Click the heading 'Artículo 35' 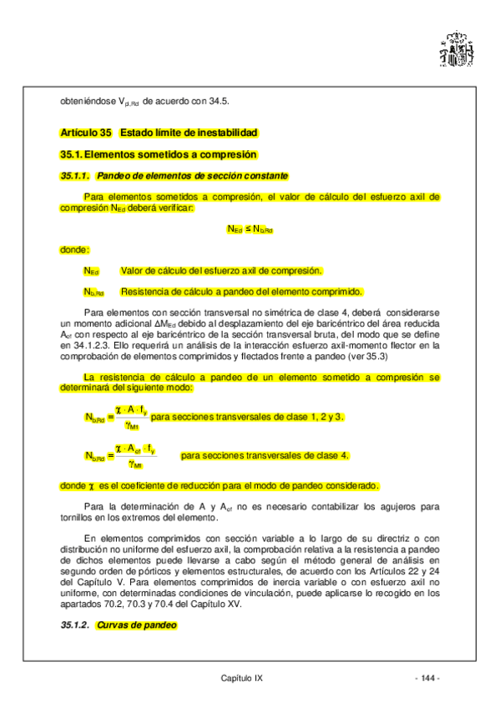(86, 133)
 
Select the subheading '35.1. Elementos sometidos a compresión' (158, 154)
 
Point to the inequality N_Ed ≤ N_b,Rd (250, 228)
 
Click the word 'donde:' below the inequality (75, 249)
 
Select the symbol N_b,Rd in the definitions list (93, 293)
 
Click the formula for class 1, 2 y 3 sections (116, 416)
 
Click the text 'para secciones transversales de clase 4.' (265, 455)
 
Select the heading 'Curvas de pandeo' (137, 625)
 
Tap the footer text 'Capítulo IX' (242, 679)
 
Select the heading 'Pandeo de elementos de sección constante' (192, 176)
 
